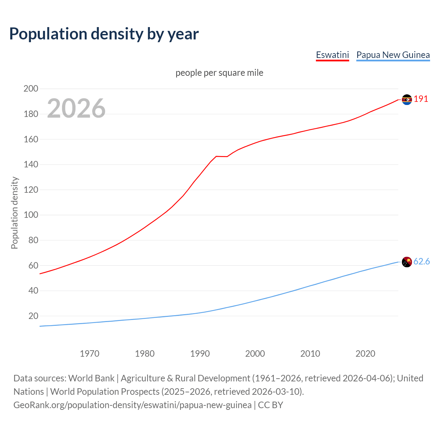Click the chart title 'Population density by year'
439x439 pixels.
coord(104,34)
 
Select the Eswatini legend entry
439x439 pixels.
coord(332,55)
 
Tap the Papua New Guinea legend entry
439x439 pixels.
coord(393,55)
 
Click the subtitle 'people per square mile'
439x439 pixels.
coord(219,73)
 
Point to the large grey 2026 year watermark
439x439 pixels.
coord(76,108)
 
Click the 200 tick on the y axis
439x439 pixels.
coord(31,89)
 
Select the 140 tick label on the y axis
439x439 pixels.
coord(31,165)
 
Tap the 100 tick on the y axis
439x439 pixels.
coord(31,215)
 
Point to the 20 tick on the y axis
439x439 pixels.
coord(33,316)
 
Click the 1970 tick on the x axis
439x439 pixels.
coord(90,354)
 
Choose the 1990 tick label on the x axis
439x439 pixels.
coord(200,354)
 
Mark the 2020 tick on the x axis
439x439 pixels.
coord(365,354)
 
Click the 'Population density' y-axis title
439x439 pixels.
coord(14,213)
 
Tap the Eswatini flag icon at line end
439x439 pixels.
coord(407,99)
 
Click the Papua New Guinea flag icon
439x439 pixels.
coord(407,262)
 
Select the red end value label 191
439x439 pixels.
coord(421,99)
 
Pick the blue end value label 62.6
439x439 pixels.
coord(422,262)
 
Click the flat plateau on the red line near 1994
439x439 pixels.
coord(222,156)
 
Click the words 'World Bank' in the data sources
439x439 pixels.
coord(91,378)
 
